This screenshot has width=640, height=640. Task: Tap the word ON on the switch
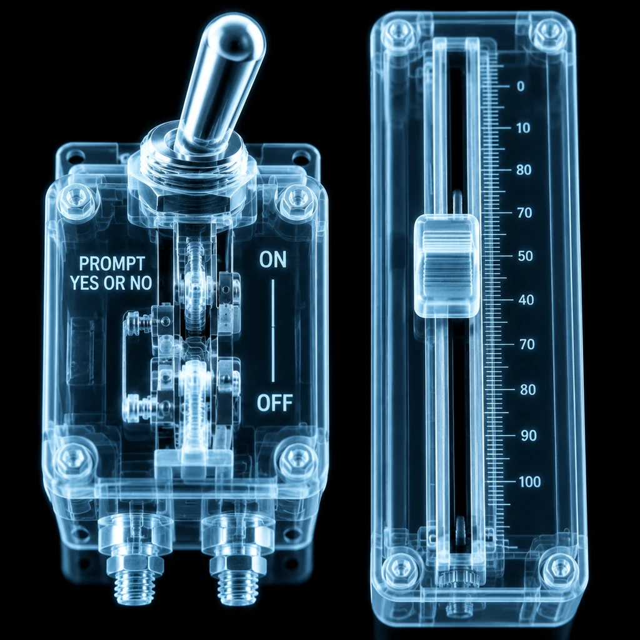[272, 260]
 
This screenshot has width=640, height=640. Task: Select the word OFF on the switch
[275, 403]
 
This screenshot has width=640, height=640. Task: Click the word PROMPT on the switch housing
[111, 264]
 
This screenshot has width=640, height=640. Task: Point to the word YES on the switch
[85, 283]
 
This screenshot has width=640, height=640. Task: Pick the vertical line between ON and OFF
[273, 331]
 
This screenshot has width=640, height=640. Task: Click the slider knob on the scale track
[446, 266]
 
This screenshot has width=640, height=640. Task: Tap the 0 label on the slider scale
[521, 86]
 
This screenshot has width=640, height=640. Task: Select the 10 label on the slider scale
[523, 128]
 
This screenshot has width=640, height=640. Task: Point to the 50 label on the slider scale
[525, 256]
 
